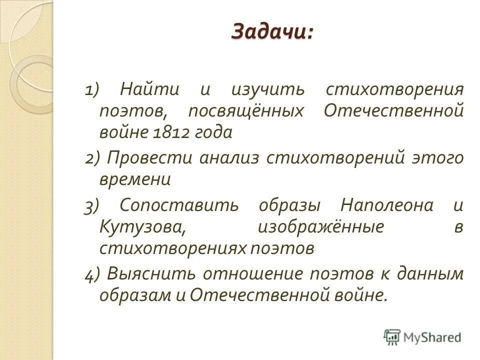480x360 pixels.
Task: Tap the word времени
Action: point(135,179)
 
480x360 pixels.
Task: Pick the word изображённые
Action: point(320,226)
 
